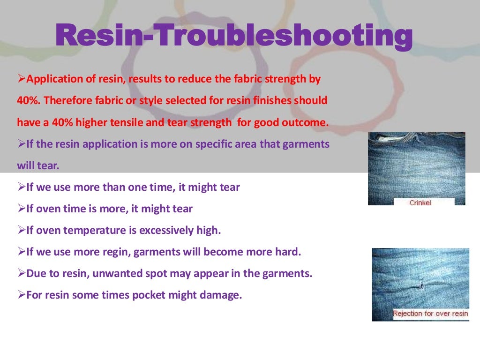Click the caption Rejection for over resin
[431, 313]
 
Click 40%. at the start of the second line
[29, 101]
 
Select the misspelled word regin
[115, 252]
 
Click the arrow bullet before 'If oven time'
[21, 209]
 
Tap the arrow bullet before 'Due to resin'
[21, 273]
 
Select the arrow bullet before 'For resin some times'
[21, 295]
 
